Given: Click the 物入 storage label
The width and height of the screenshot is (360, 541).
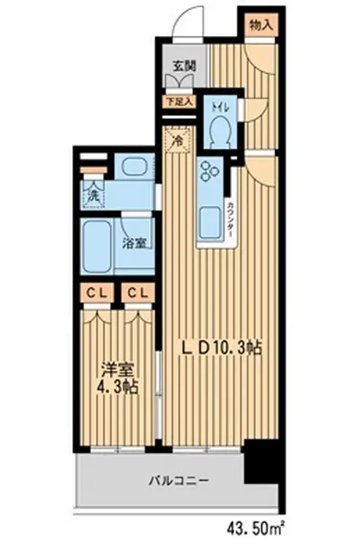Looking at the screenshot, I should pos(261,24).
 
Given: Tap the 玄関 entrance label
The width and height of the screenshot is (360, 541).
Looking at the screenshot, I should pos(184,65).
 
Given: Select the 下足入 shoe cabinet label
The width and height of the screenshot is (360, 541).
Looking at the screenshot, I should pos(179,102).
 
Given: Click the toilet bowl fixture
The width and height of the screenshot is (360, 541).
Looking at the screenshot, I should pos(220,132).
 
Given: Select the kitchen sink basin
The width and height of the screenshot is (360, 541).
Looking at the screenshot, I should pos(210,220).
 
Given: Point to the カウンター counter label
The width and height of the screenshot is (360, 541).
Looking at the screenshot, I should pos(230,216).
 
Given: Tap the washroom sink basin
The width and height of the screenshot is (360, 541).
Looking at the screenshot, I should pos(135,167).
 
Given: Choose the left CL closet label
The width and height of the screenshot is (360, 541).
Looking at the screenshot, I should pos(96,292).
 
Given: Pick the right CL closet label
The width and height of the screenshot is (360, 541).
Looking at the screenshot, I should pos(138,292).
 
